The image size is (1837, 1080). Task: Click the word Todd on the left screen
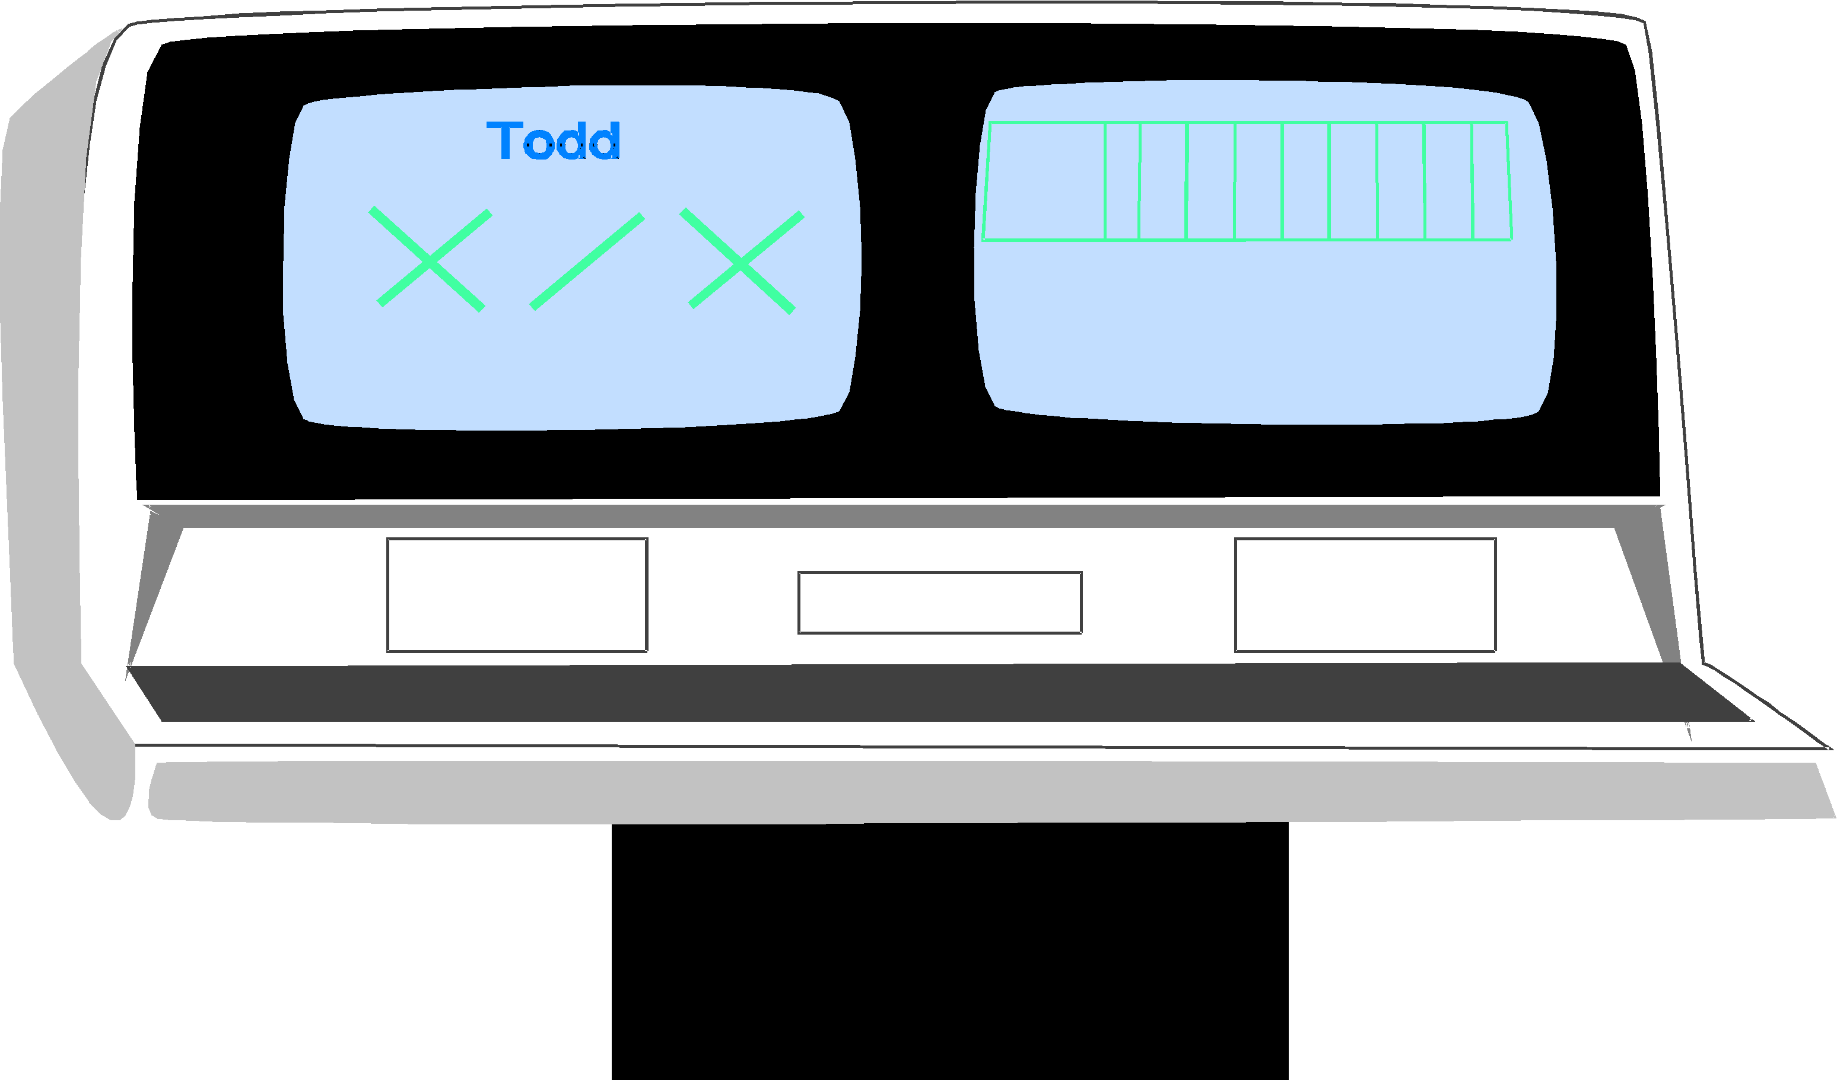click(x=553, y=141)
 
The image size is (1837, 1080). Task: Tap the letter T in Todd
click(x=504, y=140)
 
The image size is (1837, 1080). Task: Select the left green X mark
click(x=430, y=259)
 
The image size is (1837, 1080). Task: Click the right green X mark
click(x=741, y=262)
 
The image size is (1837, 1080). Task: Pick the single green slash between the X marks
click(x=587, y=262)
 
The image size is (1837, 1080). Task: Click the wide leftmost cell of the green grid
click(x=1045, y=181)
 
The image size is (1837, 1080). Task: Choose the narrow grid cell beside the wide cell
click(x=1122, y=181)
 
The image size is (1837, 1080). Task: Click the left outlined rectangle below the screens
click(x=517, y=595)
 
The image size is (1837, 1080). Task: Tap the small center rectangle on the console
click(x=940, y=603)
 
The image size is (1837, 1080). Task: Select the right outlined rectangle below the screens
click(x=1365, y=595)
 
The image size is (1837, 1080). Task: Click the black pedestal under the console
click(x=950, y=955)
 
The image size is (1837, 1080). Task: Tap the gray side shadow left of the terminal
click(x=44, y=437)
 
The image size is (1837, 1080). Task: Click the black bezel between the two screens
click(x=918, y=255)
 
